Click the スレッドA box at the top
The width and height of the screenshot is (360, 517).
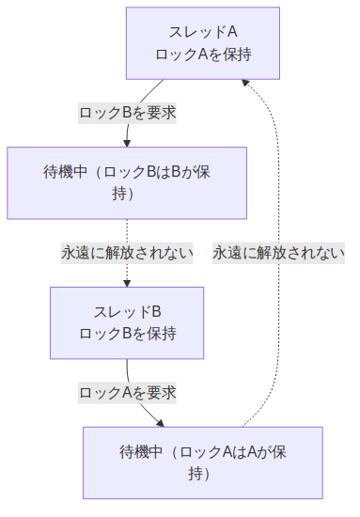pyautogui.click(x=202, y=43)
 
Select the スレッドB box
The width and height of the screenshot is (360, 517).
pyautogui.click(x=127, y=323)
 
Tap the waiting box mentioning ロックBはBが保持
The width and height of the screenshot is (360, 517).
pyautogui.click(x=127, y=183)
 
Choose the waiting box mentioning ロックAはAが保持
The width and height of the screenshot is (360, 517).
pyautogui.click(x=202, y=462)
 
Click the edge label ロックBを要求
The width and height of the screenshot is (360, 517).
pyautogui.click(x=127, y=112)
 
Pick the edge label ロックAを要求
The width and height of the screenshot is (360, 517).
pyautogui.click(x=127, y=392)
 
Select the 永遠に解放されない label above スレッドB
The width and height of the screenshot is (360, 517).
pyautogui.click(x=127, y=252)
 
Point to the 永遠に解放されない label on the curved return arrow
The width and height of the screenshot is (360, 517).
pyautogui.click(x=278, y=252)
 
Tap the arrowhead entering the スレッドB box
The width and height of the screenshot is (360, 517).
pyautogui.click(x=127, y=283)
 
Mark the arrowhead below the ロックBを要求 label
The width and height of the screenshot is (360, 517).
pyautogui.click(x=127, y=142)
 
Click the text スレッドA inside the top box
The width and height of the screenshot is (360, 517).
pyautogui.click(x=202, y=33)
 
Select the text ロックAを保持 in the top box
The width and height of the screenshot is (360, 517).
pyautogui.click(x=202, y=54)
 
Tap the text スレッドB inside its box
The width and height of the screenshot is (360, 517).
pyautogui.click(x=127, y=312)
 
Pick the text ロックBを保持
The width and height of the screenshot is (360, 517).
pyautogui.click(x=127, y=334)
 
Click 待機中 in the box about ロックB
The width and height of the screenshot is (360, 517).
pyautogui.click(x=66, y=173)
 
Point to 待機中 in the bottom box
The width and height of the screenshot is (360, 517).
pyautogui.click(x=142, y=452)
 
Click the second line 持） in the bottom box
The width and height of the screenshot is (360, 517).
pyautogui.click(x=202, y=473)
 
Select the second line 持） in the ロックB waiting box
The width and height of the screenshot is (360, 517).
pyautogui.click(x=127, y=194)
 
